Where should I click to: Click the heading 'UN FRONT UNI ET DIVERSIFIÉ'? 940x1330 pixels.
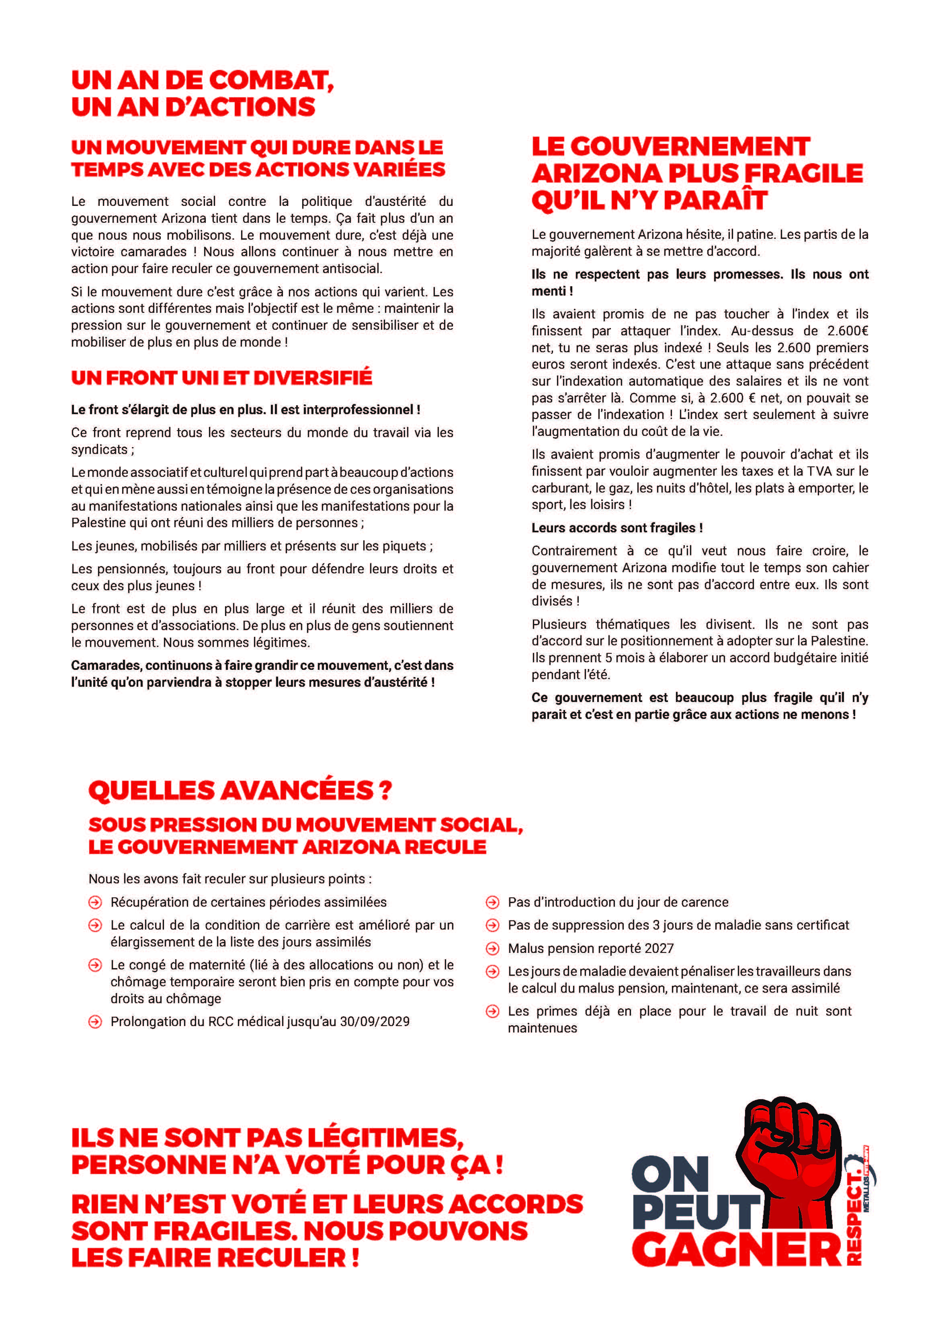click(221, 378)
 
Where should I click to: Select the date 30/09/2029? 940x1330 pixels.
click(375, 1021)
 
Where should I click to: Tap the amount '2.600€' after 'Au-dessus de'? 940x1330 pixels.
click(847, 331)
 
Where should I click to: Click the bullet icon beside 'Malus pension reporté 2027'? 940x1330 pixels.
click(492, 948)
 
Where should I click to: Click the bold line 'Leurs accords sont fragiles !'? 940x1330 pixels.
click(617, 528)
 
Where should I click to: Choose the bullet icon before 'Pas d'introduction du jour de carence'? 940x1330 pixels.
click(492, 902)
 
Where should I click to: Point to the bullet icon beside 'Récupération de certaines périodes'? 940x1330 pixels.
click(95, 902)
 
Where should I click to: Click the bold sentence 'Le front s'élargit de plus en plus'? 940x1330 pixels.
click(246, 410)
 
